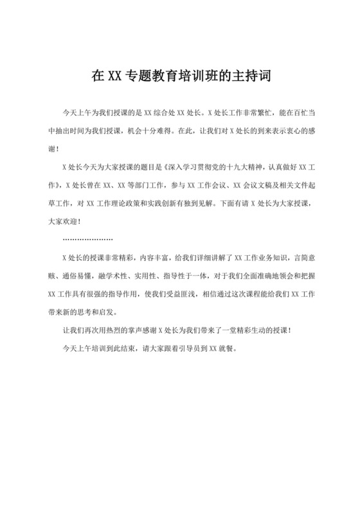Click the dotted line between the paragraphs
click(87, 238)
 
